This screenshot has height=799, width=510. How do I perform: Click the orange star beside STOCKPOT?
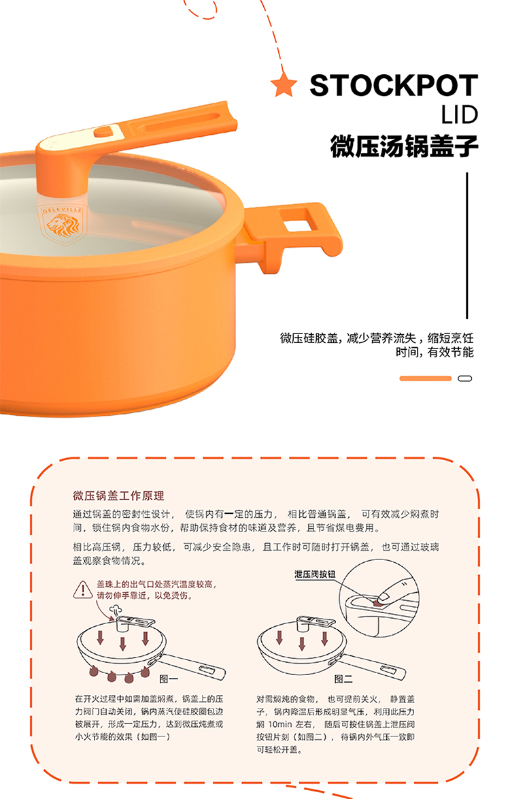coord(284,85)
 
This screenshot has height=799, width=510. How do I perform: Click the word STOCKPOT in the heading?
coord(394,85)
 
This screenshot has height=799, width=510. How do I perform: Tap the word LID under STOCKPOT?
coord(460,115)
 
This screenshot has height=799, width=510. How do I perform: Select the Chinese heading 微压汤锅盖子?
coord(404,146)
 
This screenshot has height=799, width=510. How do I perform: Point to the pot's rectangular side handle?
coord(295,234)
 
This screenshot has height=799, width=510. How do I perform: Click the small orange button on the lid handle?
coord(105,132)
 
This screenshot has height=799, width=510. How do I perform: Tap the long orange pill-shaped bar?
coord(426,378)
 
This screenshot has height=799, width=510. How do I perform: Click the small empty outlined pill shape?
coord(465,378)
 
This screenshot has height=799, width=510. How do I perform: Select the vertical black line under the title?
coord(466,246)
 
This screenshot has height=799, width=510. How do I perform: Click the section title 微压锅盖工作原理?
coord(118,496)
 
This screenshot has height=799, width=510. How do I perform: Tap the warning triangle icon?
coord(82,589)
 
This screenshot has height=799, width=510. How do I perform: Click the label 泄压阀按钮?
coord(315,574)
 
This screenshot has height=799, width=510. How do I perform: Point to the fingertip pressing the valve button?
coord(386,595)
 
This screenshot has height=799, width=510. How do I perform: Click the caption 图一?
coord(169,679)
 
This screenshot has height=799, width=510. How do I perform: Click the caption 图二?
coord(343,679)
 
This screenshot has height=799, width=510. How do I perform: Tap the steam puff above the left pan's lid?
coord(116,609)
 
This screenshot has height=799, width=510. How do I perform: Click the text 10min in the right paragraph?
coord(280,724)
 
